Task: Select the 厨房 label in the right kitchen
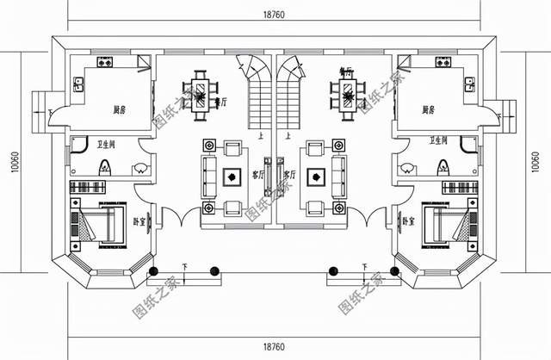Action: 428,110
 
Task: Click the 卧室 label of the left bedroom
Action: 139,221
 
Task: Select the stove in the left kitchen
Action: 106,63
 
